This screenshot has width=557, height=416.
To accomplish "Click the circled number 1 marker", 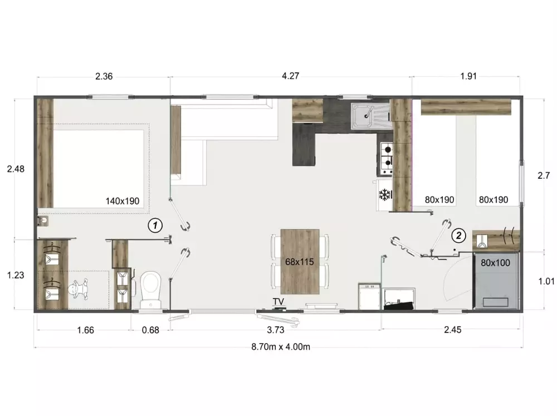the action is pos(155,225).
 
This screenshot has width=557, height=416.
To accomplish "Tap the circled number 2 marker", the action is pos(458,235).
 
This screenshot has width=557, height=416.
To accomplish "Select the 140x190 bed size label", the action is pos(122,201).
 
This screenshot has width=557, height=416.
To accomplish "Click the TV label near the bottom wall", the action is pos(278,302).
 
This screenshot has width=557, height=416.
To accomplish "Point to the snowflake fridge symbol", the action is pos(385,195).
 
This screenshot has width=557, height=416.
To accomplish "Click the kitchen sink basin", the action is pos(363,115).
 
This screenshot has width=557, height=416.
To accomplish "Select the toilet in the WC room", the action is pos(150,290).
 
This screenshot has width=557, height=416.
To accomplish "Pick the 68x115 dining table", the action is pos(300,262).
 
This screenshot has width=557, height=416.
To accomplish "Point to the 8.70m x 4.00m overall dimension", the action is pos(281,347).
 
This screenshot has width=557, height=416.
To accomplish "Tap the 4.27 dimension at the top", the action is pos(290,76).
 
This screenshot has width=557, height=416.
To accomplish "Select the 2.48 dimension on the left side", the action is pos(16,169).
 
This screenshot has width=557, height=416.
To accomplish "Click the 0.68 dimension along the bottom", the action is pos(150,330).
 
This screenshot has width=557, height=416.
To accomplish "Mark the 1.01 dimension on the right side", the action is pos(546,281).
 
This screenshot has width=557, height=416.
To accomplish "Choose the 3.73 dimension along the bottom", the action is pos(276,330).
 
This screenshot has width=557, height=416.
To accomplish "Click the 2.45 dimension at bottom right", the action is pos(452,330).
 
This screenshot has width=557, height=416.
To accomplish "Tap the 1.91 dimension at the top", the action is pos(468,76).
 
